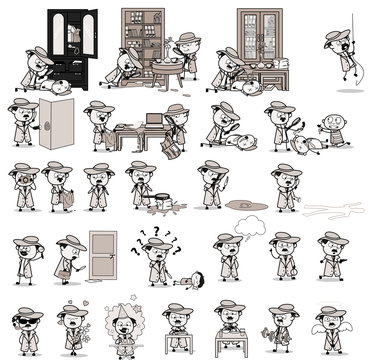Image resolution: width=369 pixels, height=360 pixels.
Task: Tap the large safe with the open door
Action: coord(57,125)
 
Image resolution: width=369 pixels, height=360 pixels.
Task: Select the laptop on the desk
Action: coord(153,120)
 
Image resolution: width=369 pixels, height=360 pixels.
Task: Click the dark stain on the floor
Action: coord(245,204)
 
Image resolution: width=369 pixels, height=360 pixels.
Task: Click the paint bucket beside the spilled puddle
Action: coord(145,201)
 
